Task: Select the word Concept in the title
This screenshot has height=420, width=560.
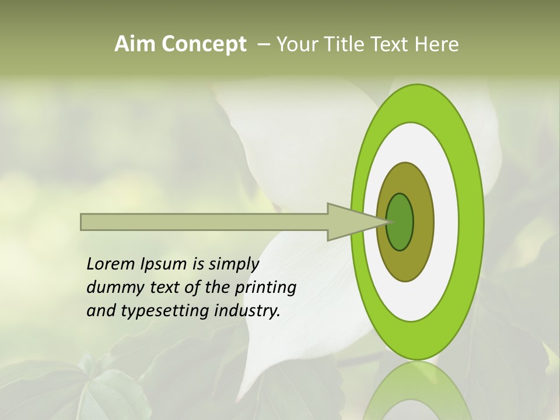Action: click(x=204, y=44)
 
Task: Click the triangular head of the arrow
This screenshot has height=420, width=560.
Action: click(x=350, y=222)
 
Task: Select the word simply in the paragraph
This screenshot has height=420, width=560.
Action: click(x=233, y=265)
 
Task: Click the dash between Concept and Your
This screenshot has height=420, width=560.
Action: click(x=263, y=44)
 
